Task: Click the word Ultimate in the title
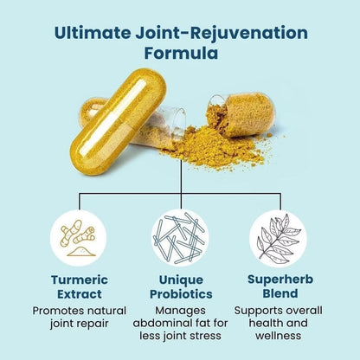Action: (x=92, y=32)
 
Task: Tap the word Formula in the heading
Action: (x=181, y=53)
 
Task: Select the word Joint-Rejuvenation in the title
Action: (x=222, y=33)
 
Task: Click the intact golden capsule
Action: (x=119, y=121)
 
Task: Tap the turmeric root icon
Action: (x=79, y=238)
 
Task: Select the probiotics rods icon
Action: (x=180, y=238)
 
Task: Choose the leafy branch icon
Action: (x=279, y=237)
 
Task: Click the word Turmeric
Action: (x=80, y=280)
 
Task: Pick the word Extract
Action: (x=80, y=294)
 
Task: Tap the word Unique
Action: (x=181, y=280)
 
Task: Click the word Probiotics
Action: (x=181, y=294)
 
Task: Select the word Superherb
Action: (x=280, y=280)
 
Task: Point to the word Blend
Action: (x=280, y=293)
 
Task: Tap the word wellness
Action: (x=278, y=336)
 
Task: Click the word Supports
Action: (x=257, y=311)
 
